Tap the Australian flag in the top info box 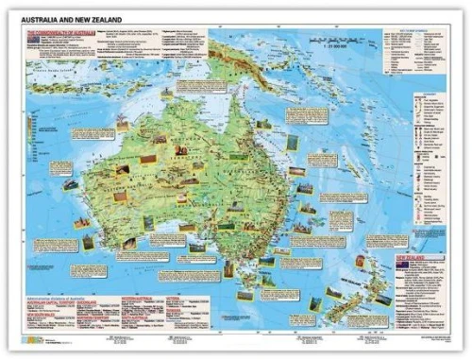pos(37,41)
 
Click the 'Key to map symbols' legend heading pos(407,32)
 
